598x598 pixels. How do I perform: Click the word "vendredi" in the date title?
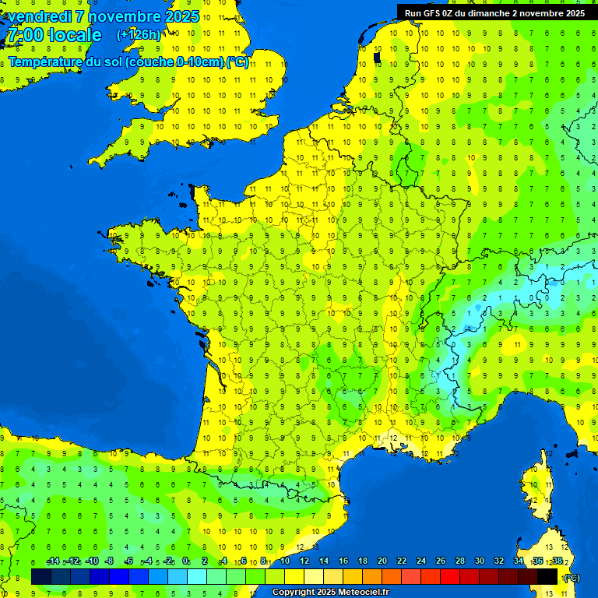40,16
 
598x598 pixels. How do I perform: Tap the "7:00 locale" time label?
54,35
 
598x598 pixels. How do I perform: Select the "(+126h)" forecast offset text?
138,35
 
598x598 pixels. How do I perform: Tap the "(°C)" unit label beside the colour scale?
572,578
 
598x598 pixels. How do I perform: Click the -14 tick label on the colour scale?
53,561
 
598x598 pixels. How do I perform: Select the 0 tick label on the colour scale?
185,561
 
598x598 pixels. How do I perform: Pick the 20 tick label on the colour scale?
382,561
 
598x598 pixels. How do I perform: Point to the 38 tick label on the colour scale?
557,561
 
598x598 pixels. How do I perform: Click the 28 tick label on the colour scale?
459,561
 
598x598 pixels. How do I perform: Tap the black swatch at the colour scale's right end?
547,576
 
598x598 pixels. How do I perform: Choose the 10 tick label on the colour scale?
284,561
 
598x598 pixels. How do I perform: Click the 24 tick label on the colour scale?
420,561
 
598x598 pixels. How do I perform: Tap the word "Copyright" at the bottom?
294,593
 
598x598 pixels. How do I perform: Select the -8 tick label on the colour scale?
110,561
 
